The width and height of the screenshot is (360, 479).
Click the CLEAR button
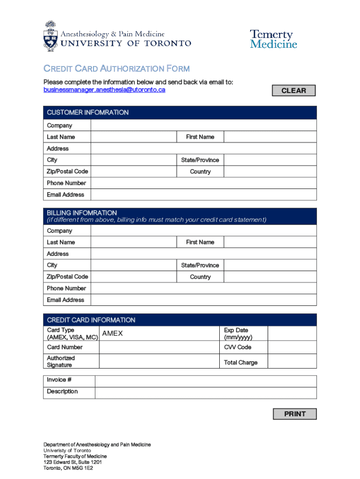(x=294, y=90)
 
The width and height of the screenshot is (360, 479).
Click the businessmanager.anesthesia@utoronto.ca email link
(x=104, y=90)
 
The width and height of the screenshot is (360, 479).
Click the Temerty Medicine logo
(x=274, y=39)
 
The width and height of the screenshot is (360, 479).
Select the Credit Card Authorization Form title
(x=116, y=69)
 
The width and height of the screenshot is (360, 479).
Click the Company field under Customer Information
(x=203, y=125)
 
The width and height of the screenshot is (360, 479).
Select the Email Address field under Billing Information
(x=203, y=300)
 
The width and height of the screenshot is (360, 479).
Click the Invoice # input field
(x=205, y=380)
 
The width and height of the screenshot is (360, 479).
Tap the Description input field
(x=205, y=392)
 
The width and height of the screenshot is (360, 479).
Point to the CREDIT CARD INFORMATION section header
(x=91, y=320)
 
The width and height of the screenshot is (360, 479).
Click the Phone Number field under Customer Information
(x=203, y=183)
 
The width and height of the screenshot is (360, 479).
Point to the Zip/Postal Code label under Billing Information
(x=67, y=276)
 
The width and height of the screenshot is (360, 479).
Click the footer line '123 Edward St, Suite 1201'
(x=72, y=462)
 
